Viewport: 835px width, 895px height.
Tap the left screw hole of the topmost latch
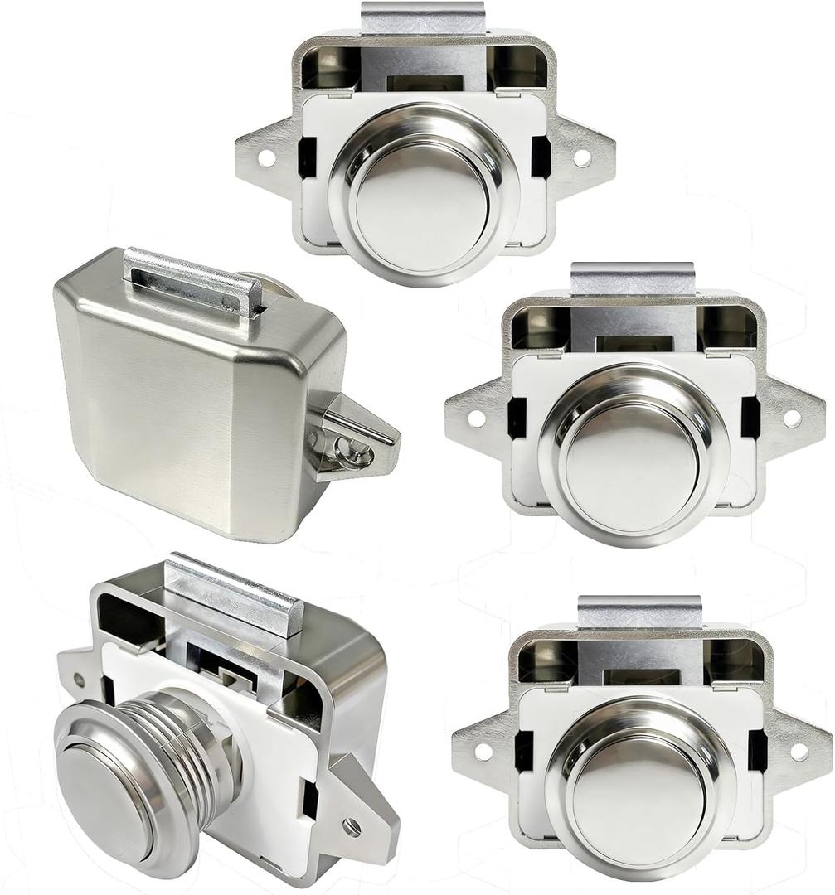[265, 156]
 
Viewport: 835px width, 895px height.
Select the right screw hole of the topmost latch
[582, 156]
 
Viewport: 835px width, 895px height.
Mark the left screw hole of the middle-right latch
[476, 418]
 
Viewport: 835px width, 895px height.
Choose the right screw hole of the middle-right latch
[793, 418]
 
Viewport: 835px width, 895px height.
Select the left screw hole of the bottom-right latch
[483, 751]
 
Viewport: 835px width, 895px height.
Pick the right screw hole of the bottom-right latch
[799, 751]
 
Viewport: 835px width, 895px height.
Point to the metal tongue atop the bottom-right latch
[639, 612]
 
